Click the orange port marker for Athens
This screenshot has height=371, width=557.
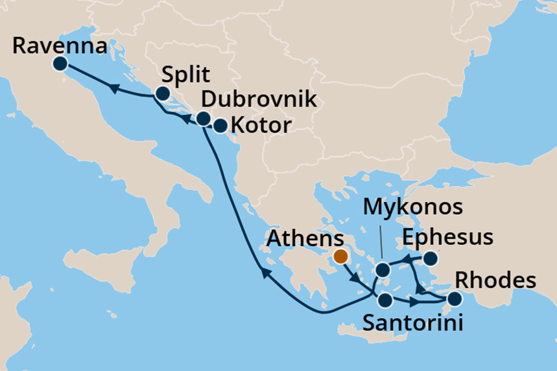(x=340, y=257)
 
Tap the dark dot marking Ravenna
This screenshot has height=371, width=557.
(x=60, y=63)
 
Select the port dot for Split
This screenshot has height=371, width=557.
(x=162, y=95)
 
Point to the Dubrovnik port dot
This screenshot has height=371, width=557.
(x=203, y=118)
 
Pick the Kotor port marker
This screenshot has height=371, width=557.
(x=220, y=125)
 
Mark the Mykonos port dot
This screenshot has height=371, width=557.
(x=383, y=270)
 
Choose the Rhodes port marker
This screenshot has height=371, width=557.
(x=455, y=298)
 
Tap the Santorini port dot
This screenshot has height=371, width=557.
(x=385, y=300)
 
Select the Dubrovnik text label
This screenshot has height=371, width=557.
(x=259, y=100)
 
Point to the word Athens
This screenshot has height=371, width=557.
(x=306, y=240)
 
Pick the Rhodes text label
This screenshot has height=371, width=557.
(x=496, y=281)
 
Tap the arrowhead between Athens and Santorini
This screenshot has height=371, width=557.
(x=355, y=280)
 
